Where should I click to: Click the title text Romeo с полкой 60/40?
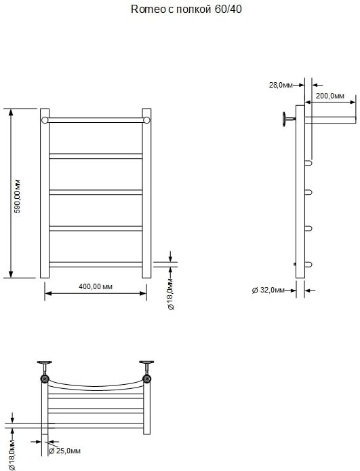(186, 10)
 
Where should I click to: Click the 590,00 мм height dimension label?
(18, 196)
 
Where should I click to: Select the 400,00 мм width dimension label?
(96, 286)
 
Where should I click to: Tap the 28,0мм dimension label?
(281, 85)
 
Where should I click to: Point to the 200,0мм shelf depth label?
(329, 96)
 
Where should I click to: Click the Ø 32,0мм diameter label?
(268, 290)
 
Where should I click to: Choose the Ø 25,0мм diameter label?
(64, 451)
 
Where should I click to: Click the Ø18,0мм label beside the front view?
(171, 294)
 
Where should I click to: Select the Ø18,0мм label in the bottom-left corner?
(12, 455)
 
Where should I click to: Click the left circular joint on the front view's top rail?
(45, 120)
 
